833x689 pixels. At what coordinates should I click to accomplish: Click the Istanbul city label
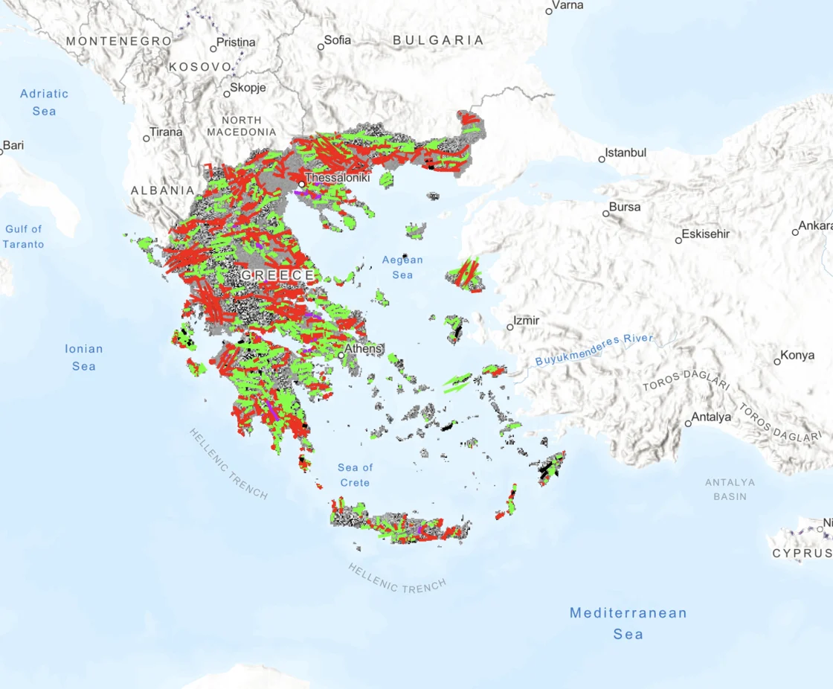[625, 153]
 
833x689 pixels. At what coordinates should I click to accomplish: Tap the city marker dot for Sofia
[321, 47]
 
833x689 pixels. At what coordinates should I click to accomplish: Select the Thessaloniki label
[337, 179]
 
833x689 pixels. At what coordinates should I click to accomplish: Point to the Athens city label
[363, 348]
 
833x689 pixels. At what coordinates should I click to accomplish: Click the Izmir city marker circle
[510, 327]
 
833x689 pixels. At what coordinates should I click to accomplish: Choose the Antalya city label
[712, 417]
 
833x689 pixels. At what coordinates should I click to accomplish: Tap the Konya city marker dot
[777, 362]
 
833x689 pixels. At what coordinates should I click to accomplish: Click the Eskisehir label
[706, 234]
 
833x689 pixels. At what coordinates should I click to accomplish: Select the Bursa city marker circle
[606, 214]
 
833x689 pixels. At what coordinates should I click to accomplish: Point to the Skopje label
[248, 88]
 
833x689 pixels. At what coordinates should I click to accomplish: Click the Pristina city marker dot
[213, 49]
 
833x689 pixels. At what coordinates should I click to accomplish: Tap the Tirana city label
[166, 132]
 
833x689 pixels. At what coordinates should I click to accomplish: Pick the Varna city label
[569, 5]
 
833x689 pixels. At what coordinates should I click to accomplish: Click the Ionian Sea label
[84, 357]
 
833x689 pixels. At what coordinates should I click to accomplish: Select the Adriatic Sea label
[44, 102]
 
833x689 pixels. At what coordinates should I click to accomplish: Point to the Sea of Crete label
[355, 475]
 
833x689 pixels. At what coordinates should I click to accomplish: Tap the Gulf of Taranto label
[23, 237]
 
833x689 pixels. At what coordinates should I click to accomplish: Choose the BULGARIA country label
[438, 40]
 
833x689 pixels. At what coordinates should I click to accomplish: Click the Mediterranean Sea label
[628, 624]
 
